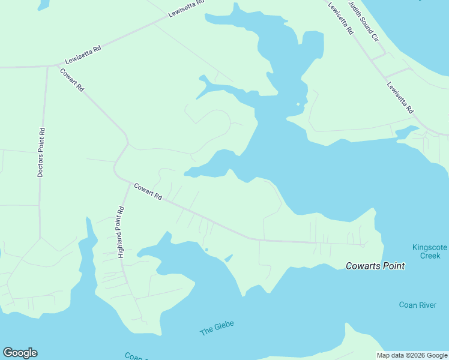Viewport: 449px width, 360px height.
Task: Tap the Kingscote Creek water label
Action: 426,251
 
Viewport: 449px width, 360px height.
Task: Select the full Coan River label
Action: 417,305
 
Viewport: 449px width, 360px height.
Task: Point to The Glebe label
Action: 217,328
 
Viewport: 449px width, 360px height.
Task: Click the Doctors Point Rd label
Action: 41,152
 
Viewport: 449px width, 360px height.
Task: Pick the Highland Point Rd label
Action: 121,232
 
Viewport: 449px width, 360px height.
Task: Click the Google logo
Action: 20,353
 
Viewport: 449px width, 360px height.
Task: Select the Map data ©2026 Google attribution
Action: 411,355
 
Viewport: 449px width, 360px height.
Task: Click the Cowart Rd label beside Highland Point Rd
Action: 148,192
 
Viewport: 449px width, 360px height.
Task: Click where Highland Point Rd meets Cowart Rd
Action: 129,185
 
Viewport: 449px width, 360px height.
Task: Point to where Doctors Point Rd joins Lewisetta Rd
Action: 47,66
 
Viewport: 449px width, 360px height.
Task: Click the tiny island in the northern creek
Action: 298,104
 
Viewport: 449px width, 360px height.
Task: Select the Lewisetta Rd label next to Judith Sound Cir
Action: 340,19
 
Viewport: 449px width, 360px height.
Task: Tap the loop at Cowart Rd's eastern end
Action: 363,245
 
